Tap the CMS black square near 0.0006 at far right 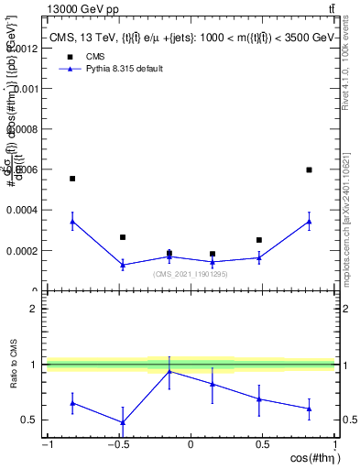(x=309, y=169)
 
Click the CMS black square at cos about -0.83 (x=72, y=179)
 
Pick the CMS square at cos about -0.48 (x=123, y=237)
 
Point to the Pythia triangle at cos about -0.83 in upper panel (x=72, y=221)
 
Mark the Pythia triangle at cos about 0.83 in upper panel (x=309, y=221)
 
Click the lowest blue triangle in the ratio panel (x=123, y=422)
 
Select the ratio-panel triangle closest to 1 (x=169, y=371)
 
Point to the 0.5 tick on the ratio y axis (x=29, y=420)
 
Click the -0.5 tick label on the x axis (x=118, y=445)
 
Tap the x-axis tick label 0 (x=191, y=445)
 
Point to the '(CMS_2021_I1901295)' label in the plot (x=191, y=273)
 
